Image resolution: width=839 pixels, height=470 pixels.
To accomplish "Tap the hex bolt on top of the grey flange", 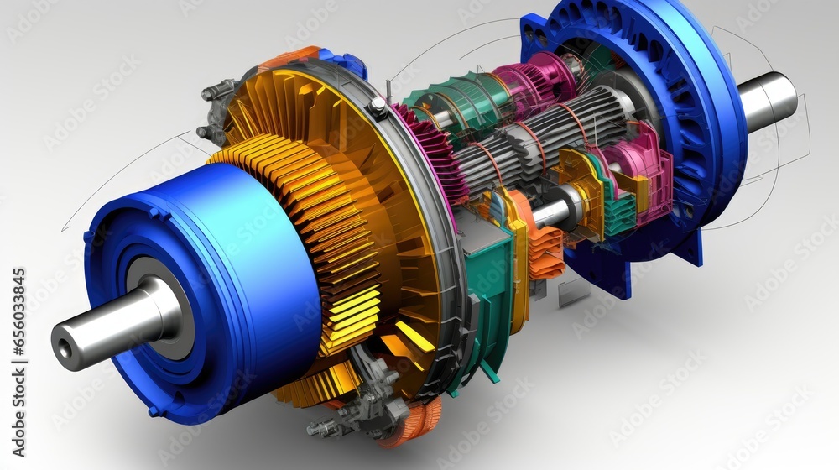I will [378, 105].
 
